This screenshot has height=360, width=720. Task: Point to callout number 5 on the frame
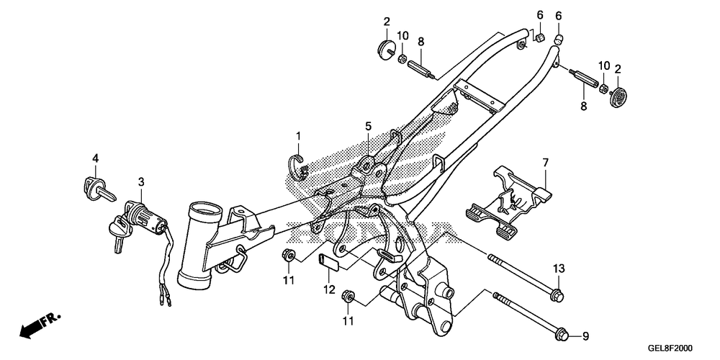[368, 127]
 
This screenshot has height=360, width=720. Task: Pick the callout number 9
[585, 336]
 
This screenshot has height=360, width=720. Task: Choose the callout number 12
[329, 289]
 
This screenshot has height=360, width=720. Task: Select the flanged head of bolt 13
[556, 294]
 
